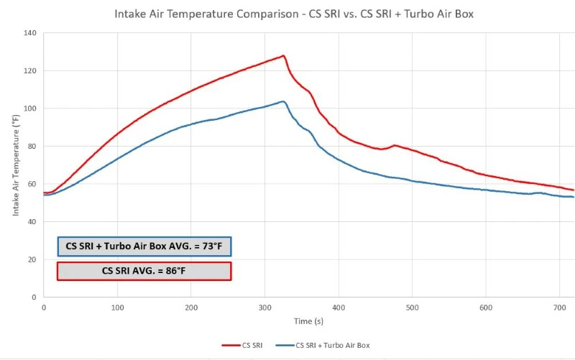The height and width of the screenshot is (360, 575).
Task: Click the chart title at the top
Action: tap(287, 14)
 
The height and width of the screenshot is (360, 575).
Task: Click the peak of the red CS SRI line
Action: tap(283, 55)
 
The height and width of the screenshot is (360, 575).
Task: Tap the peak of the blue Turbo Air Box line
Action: tap(283, 101)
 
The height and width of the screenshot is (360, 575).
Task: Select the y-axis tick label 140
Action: tap(30, 33)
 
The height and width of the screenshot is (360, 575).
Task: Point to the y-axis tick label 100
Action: tap(30, 109)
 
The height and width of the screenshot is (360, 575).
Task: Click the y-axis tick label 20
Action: tap(32, 259)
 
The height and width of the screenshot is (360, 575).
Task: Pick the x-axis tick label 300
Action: tap(264, 308)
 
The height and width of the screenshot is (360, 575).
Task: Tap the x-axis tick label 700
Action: tap(559, 308)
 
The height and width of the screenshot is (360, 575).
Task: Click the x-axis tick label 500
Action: tap(412, 308)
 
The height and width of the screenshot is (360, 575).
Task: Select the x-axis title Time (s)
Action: tap(302, 321)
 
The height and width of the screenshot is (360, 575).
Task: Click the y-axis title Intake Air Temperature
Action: tap(15, 165)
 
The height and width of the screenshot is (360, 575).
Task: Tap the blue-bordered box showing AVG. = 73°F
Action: tap(144, 246)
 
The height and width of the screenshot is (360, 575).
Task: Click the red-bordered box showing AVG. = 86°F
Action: tap(144, 271)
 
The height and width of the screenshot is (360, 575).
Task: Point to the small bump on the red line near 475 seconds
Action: tap(395, 145)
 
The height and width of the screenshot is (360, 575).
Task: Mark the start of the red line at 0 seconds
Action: tap(45, 193)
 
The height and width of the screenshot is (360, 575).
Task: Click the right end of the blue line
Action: tap(573, 197)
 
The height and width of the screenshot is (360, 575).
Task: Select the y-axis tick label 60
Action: tap(32, 184)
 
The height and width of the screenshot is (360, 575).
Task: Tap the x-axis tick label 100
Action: tap(117, 308)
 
